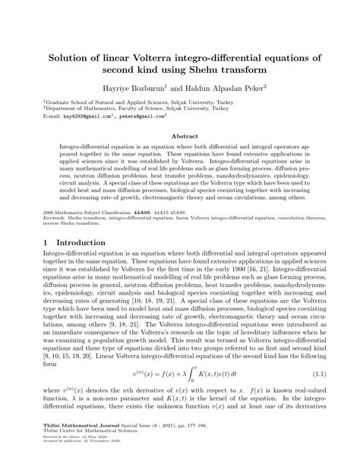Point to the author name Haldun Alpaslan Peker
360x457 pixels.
(x=229, y=88)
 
